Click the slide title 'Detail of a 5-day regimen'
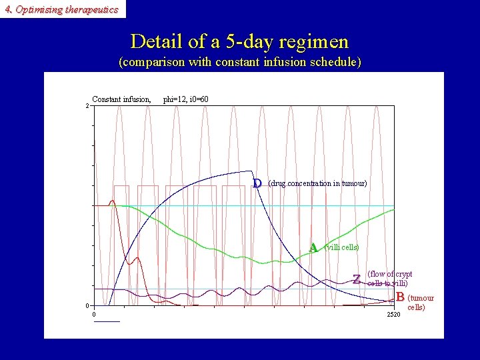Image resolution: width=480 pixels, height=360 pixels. point(239,41)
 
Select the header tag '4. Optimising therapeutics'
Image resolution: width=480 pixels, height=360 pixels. point(61,9)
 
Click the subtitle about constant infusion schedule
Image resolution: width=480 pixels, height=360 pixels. point(239,63)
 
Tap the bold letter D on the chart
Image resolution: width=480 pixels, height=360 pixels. point(257,183)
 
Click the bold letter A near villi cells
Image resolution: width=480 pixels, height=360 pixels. point(313,247)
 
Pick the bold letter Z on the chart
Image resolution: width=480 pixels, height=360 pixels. point(357,279)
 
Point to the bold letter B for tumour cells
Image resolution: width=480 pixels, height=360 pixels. point(400,297)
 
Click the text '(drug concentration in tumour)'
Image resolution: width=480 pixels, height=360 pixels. point(317,183)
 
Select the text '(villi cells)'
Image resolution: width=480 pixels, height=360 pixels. point(341,247)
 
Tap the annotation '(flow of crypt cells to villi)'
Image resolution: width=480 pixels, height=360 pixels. point(389,279)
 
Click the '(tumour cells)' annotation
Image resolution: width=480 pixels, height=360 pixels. point(420,303)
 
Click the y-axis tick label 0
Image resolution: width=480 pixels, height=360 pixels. point(87,306)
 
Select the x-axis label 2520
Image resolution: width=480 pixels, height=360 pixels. point(393,315)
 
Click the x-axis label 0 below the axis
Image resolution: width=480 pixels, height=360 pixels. point(94,315)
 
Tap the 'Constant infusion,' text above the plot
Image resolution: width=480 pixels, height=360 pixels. point(121,99)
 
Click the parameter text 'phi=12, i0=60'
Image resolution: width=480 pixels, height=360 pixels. point(186,99)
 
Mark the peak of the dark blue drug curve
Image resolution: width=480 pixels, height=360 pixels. point(250,171)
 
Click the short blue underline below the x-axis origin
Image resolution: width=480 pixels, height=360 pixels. point(107,321)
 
